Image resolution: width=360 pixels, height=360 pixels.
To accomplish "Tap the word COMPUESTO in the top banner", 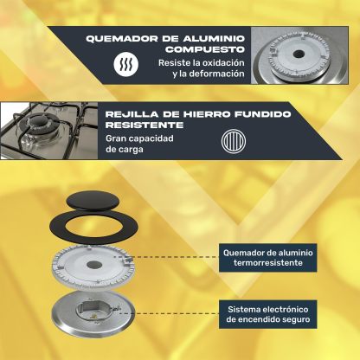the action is [205, 49].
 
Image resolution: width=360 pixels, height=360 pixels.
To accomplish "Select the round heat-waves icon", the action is [125, 64].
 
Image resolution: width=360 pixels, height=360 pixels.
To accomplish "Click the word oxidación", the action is [223, 62].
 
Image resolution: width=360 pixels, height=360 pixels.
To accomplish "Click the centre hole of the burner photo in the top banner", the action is [299, 54].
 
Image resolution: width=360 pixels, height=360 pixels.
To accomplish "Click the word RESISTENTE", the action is [145, 125].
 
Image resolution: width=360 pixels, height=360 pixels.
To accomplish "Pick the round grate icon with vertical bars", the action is [234, 141].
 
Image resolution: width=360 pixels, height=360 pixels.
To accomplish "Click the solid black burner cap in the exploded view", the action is [92, 201].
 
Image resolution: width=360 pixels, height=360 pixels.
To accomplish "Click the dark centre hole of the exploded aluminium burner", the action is [93, 265].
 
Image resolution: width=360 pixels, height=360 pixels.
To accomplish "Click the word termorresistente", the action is [268, 263].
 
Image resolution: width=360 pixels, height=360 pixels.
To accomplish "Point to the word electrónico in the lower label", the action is [286, 310].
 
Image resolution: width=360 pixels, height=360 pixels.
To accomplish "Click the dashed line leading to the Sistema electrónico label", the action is [169, 313].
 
